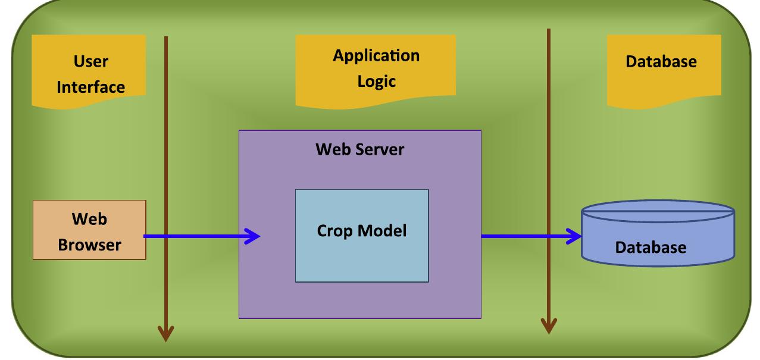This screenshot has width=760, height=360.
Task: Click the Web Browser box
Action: click(x=89, y=230)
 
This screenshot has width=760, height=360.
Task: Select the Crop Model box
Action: click(x=361, y=236)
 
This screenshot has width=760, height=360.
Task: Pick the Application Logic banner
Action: click(x=376, y=68)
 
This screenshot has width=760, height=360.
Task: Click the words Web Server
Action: click(x=359, y=149)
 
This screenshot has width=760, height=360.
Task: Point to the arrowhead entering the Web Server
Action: click(x=254, y=237)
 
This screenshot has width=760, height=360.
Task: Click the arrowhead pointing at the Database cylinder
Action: click(x=574, y=237)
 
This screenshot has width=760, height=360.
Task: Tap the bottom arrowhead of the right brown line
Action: click(x=549, y=325)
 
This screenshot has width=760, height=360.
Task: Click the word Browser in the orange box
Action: click(x=89, y=244)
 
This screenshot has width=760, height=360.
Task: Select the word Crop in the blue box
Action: click(x=333, y=230)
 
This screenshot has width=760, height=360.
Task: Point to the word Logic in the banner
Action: click(x=376, y=82)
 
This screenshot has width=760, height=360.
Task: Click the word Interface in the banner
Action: click(x=90, y=87)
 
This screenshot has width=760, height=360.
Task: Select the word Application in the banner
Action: click(x=376, y=56)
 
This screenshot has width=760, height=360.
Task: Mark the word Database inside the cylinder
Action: click(x=650, y=246)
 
